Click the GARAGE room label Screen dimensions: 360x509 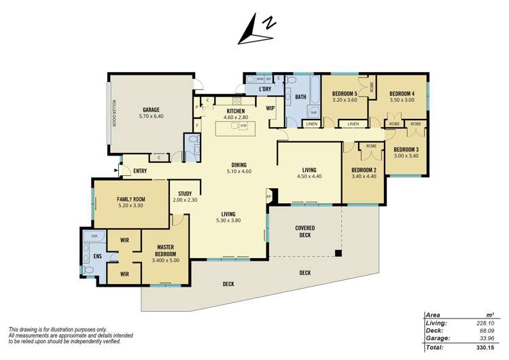(x=152, y=109)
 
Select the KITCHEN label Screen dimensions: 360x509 (x=235, y=110)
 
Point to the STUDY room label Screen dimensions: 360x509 (x=185, y=194)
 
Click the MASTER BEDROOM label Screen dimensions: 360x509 (x=166, y=250)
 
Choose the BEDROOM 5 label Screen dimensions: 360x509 (x=345, y=93)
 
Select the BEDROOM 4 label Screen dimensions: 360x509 (x=401, y=93)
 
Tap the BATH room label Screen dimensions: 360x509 (x=301, y=97)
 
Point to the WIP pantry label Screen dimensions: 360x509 (x=270, y=108)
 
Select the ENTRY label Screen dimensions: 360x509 (x=140, y=170)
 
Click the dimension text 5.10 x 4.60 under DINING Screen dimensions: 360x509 (x=239, y=171)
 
